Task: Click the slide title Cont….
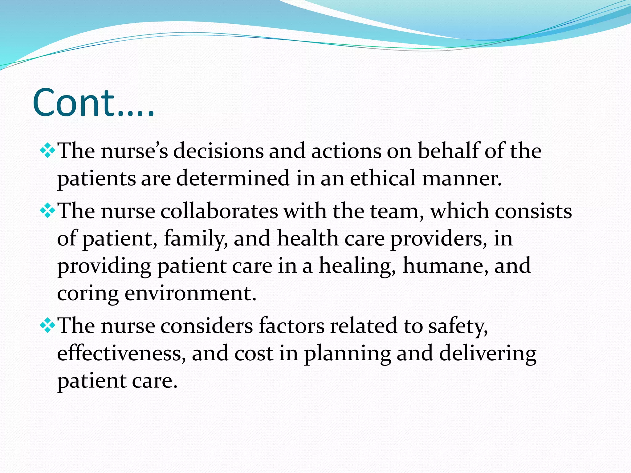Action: (x=93, y=103)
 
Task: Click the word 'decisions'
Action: (x=218, y=151)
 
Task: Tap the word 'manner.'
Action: (x=462, y=178)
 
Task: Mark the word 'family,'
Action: (x=196, y=239)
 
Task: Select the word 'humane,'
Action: (x=446, y=266)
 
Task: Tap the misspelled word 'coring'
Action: (x=88, y=293)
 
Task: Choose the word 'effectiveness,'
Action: (x=121, y=353)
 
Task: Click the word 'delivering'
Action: (x=487, y=354)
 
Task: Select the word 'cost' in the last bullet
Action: (x=254, y=353)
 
